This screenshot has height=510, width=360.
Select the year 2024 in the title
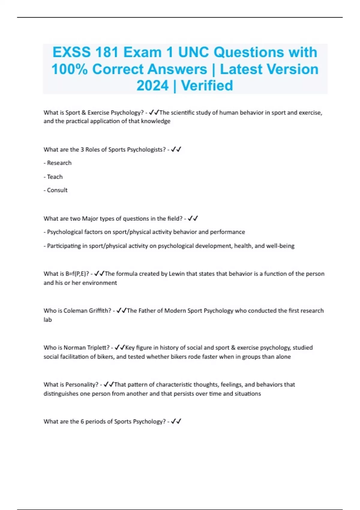pos(152,85)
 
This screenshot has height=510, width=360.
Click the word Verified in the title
pos(207,85)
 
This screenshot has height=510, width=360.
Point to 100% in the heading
pos(70,69)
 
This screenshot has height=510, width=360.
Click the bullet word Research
pos(59,163)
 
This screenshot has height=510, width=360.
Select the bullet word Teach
pos(55,177)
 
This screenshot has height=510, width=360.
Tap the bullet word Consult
pos(57,190)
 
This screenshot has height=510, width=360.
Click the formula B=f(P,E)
pos(76,274)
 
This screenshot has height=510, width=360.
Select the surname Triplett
pos(98,348)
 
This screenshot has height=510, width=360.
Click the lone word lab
pos(47,320)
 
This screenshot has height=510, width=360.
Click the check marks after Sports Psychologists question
pos(176,149)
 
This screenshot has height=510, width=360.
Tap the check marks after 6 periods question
pos(176,421)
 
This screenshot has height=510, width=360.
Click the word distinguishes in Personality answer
pos(61,394)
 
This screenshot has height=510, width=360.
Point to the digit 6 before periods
pos(82,421)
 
